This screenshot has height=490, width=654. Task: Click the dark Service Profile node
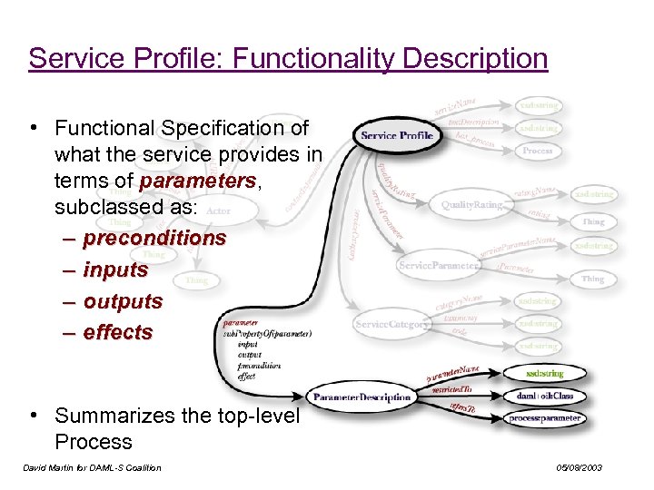(396, 136)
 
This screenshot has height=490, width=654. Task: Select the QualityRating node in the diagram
(471, 205)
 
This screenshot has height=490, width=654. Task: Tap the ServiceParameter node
(439, 266)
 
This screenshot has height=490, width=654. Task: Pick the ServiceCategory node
(391, 324)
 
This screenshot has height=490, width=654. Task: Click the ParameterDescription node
(362, 397)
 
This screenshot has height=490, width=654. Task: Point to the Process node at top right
(538, 151)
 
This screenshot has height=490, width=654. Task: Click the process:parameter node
(545, 418)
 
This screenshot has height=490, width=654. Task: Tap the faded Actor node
(219, 211)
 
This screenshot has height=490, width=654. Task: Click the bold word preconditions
(154, 238)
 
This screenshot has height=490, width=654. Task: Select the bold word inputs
(115, 269)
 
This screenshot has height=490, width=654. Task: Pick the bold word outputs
(123, 301)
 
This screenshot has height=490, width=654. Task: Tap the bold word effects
(118, 333)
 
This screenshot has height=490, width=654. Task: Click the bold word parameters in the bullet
(198, 181)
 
